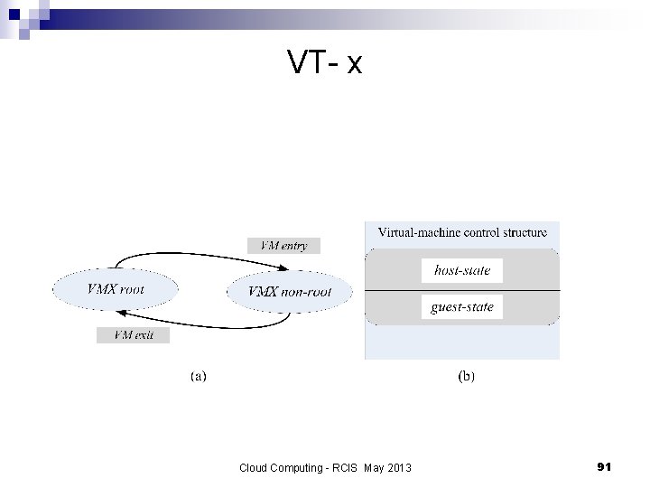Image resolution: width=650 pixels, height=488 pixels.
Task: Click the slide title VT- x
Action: point(325,62)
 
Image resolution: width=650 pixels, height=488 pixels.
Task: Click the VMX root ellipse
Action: point(116,290)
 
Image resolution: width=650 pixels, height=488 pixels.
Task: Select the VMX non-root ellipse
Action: point(290,291)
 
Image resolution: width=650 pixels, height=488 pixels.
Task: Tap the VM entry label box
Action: point(283,245)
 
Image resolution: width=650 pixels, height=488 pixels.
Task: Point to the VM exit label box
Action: point(133,335)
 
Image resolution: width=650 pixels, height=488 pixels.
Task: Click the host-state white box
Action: point(461,270)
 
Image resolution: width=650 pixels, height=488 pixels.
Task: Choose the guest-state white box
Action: point(461,307)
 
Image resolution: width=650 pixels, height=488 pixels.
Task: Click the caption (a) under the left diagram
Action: point(198,375)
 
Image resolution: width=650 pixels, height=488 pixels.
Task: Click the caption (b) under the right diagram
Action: point(467,375)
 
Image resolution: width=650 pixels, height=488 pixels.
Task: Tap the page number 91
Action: point(604,466)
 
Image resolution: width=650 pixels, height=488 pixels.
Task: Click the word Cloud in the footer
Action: point(254,467)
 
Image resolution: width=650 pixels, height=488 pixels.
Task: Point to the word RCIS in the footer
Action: point(344,467)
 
